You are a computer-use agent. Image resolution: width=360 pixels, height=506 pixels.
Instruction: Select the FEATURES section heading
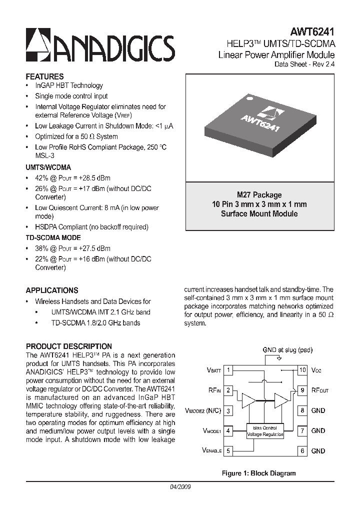click(x=44, y=76)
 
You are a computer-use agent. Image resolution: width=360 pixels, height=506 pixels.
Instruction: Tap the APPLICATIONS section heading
click(x=52, y=290)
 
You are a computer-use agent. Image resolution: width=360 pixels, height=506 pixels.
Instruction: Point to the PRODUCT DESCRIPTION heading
click(x=68, y=346)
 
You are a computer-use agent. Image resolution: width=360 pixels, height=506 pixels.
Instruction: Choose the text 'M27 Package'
click(x=259, y=195)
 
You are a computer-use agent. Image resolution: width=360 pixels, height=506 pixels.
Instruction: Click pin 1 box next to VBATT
click(x=228, y=370)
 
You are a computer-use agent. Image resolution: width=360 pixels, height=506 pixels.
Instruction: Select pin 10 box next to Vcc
click(x=302, y=370)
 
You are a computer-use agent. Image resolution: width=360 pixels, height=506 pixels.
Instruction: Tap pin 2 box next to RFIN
click(x=228, y=390)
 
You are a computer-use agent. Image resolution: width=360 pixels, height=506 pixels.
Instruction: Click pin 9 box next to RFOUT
click(x=302, y=390)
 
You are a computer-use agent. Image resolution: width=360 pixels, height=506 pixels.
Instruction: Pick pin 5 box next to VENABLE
click(x=228, y=451)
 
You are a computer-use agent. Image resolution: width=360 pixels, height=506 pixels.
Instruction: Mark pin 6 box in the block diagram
click(x=302, y=451)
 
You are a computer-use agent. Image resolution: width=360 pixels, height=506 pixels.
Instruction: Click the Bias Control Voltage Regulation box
click(x=265, y=431)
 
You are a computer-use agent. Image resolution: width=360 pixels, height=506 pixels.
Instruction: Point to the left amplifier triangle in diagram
click(x=248, y=400)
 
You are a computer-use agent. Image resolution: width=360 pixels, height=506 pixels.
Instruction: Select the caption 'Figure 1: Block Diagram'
click(x=258, y=473)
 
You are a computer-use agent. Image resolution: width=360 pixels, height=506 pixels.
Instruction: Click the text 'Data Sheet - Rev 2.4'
click(x=304, y=64)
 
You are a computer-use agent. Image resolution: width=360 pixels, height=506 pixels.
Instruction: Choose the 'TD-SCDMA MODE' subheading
click(x=53, y=237)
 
